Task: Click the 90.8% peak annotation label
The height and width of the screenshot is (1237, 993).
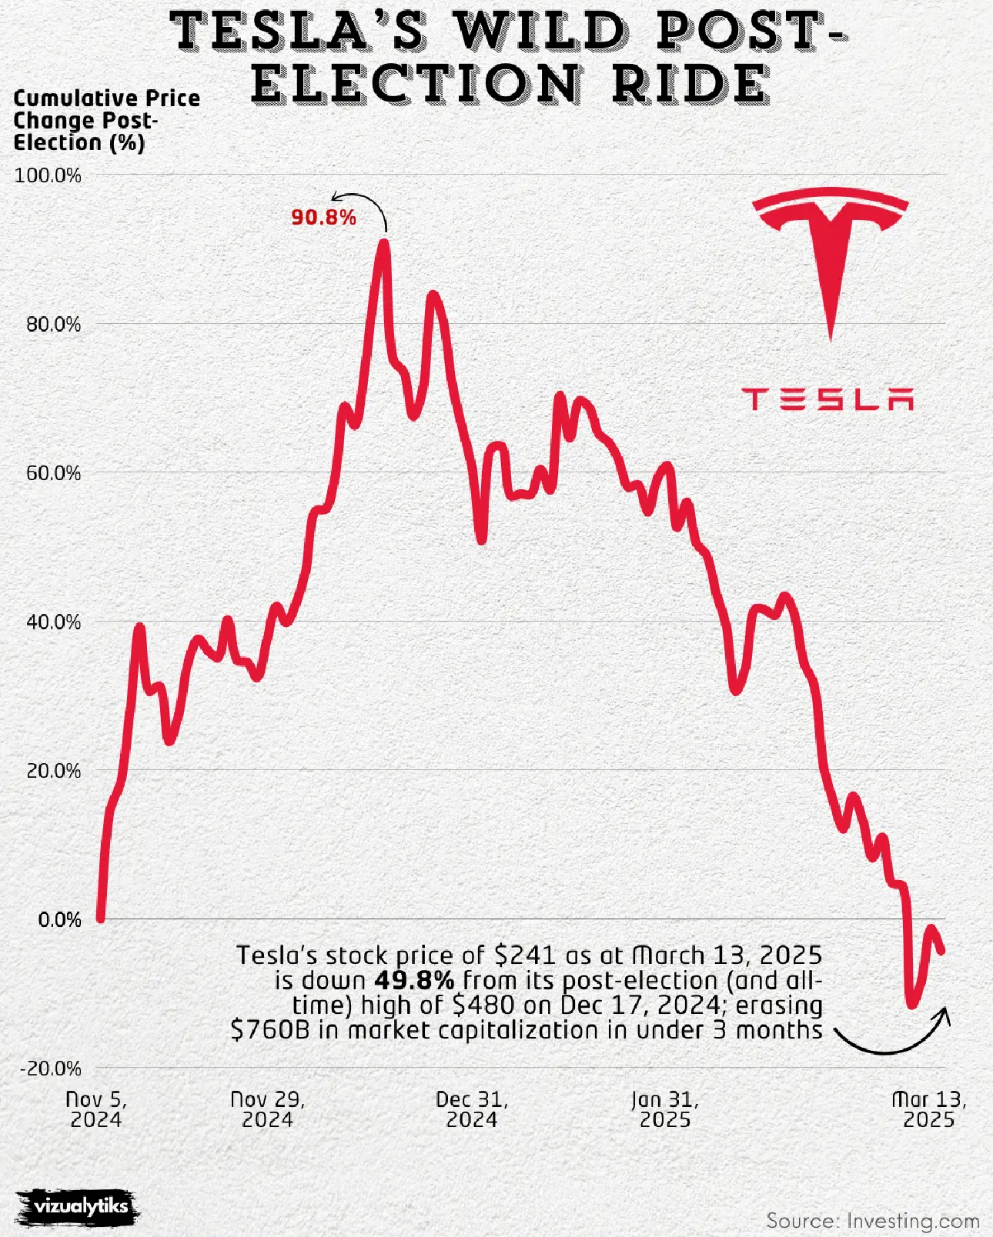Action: (x=323, y=218)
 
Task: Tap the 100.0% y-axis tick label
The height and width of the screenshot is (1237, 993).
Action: (x=48, y=175)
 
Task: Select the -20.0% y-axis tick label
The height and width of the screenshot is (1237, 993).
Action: (x=50, y=1069)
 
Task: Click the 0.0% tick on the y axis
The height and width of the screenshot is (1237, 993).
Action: (x=59, y=919)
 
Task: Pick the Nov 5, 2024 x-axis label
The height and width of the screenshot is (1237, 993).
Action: (x=96, y=1109)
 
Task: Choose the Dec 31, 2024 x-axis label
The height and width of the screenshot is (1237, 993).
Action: (x=472, y=1109)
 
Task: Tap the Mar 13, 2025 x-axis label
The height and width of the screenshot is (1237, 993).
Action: (x=928, y=1109)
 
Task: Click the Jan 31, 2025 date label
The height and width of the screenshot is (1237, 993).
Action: (x=665, y=1109)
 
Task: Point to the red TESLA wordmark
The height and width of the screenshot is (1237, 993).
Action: (x=827, y=399)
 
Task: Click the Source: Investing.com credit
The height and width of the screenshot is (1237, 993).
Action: (x=873, y=1221)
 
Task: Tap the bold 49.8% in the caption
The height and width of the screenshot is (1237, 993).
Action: (x=414, y=981)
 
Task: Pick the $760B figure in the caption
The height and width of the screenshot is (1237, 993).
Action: (x=269, y=1030)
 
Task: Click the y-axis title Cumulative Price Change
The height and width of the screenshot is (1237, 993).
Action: (x=106, y=121)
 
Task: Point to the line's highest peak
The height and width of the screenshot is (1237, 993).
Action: (x=383, y=245)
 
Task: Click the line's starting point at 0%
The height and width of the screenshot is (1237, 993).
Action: (x=100, y=918)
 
